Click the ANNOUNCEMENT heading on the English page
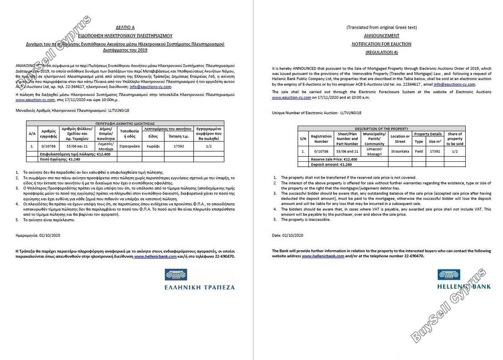point(381,36)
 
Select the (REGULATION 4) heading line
point(381,52)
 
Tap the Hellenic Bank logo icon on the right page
point(449,275)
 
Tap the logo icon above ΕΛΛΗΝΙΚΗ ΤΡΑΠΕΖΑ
point(177,275)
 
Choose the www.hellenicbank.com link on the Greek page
point(155,256)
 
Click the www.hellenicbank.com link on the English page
point(323,256)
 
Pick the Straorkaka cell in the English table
point(400,151)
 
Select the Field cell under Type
point(419,151)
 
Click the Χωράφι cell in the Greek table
point(153,147)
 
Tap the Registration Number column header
point(321,139)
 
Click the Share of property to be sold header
point(455,139)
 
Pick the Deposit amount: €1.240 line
point(331,164)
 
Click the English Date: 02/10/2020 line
point(288,236)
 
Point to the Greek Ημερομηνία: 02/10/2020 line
point(38,236)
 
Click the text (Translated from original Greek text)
point(381,28)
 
